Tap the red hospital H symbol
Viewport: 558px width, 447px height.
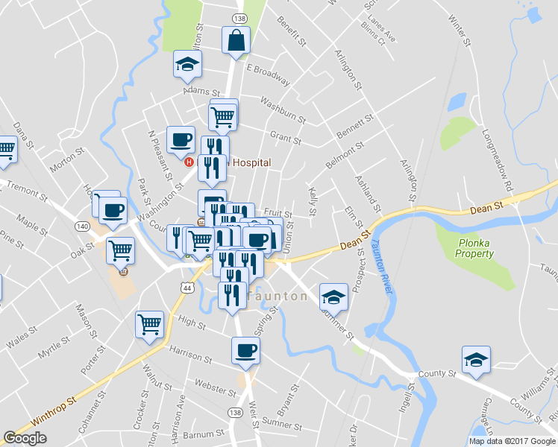(189, 162)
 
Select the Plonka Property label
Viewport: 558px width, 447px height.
(475, 248)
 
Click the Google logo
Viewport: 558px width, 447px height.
(25, 438)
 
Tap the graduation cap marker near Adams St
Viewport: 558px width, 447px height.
(187, 65)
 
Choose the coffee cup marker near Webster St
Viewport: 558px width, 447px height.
(245, 350)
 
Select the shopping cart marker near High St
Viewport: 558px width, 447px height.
(149, 325)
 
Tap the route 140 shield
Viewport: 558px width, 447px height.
(82, 226)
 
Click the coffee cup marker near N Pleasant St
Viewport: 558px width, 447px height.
(181, 139)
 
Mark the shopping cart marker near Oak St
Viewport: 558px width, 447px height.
(119, 250)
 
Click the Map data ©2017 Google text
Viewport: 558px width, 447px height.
(512, 441)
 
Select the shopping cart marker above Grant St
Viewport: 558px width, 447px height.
(223, 115)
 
